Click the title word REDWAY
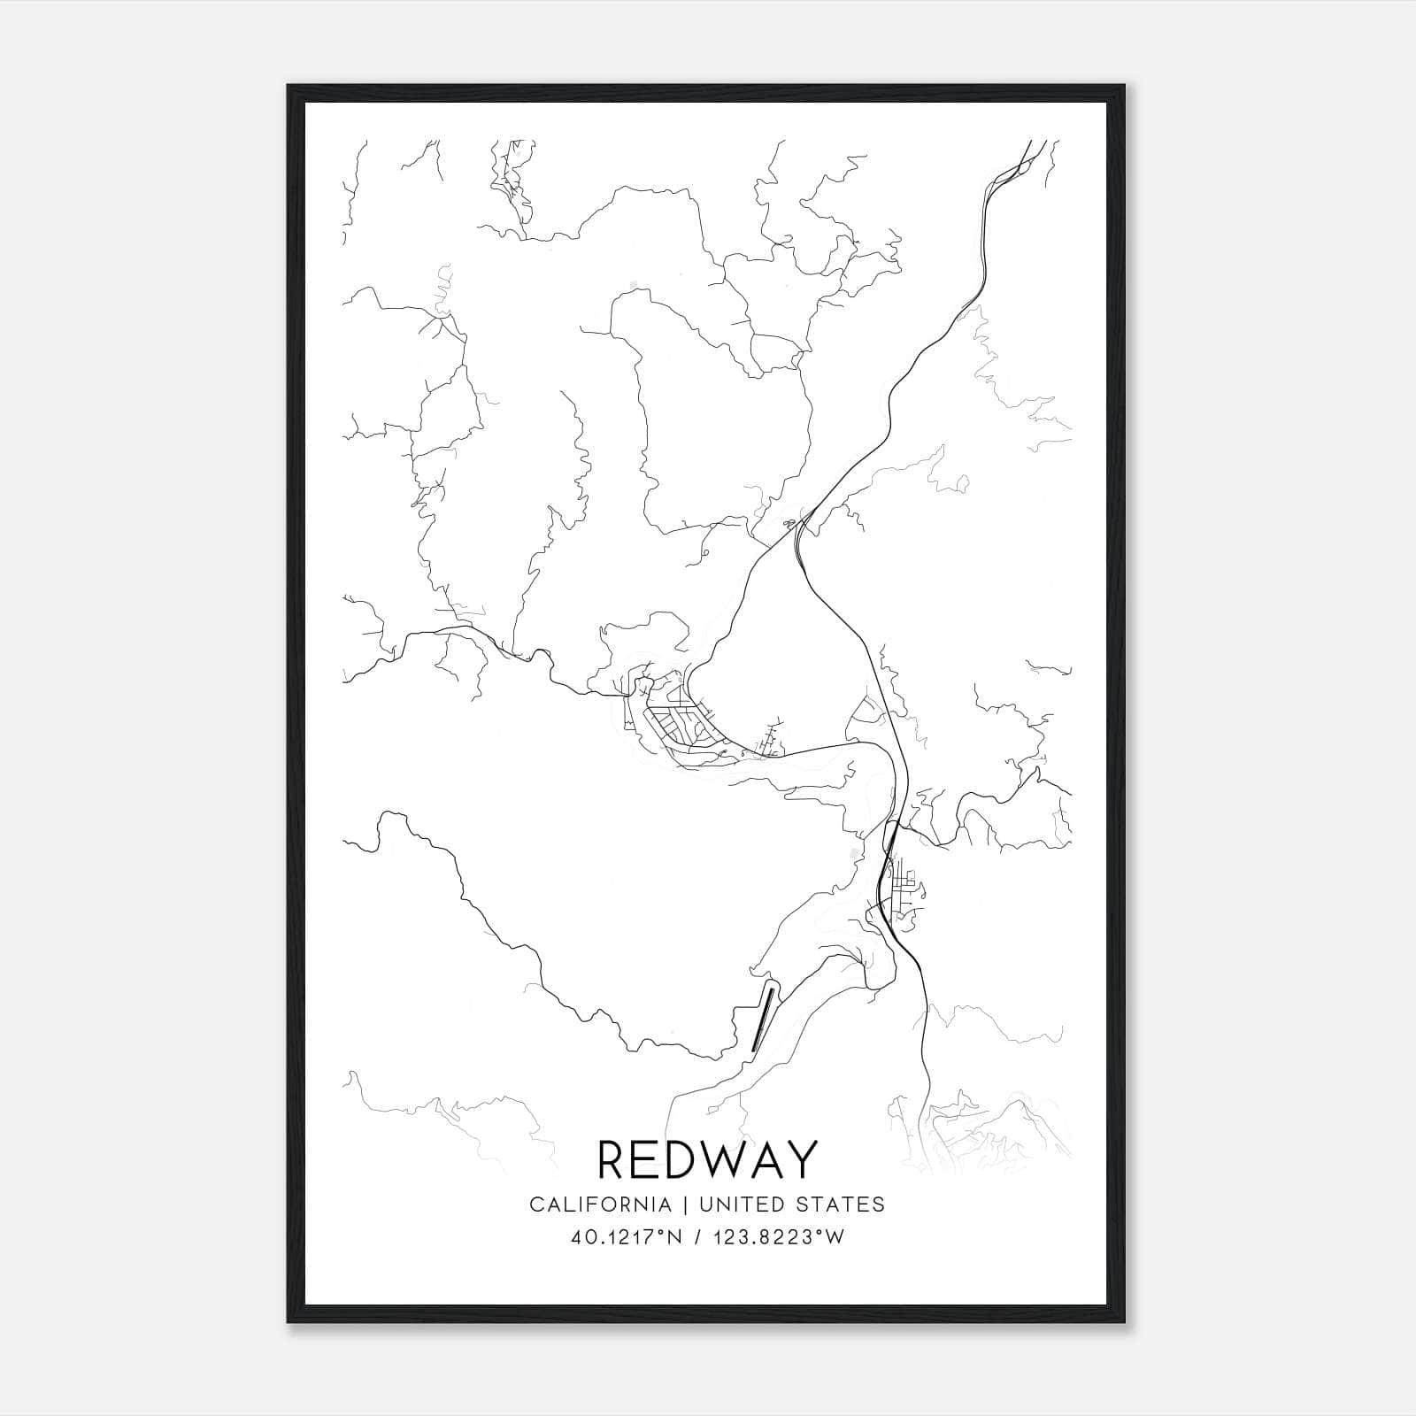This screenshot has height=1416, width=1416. click(707, 1160)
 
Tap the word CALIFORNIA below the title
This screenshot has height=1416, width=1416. click(599, 1204)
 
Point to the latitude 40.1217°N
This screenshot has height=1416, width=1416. click(627, 1237)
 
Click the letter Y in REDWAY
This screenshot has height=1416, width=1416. click(801, 1160)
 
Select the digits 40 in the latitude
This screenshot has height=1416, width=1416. click(582, 1237)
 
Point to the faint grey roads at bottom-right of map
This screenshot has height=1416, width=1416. click(991, 1133)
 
